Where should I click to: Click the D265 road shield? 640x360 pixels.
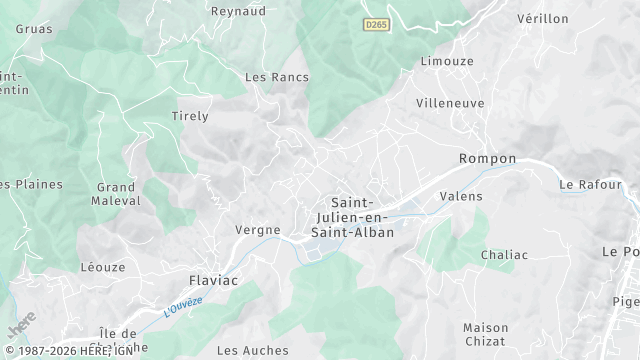tap(376, 24)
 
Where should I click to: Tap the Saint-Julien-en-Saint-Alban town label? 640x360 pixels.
tap(352, 217)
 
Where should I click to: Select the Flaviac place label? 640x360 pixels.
tap(214, 280)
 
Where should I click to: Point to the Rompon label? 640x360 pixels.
tap(487, 159)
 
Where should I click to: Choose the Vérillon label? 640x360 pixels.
tap(543, 19)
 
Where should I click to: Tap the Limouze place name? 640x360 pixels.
tap(446, 62)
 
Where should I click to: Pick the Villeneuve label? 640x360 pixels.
tap(450, 102)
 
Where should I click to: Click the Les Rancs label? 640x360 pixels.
tap(277, 77)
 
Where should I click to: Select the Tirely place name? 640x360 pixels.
tap(190, 116)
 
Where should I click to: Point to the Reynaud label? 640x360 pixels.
tap(238, 11)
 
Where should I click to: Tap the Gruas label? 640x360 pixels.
tap(34, 29)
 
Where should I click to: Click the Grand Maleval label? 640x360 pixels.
tap(117, 194)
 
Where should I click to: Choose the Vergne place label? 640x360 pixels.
tap(257, 229)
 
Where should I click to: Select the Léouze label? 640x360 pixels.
tap(103, 267)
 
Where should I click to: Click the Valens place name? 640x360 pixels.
tap(460, 196)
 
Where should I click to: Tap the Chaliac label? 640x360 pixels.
tap(504, 254)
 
